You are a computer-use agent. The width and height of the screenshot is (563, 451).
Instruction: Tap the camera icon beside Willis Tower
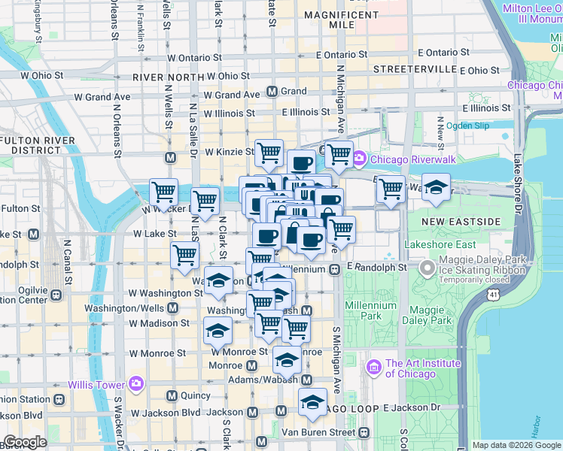pyautogui.click(x=135, y=384)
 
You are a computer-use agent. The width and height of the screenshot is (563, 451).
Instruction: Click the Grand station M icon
pyautogui.click(x=272, y=91)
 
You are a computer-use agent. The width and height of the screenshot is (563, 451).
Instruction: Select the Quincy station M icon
pyautogui.click(x=172, y=395)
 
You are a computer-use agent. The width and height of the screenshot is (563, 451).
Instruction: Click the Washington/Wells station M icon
pyautogui.click(x=173, y=308)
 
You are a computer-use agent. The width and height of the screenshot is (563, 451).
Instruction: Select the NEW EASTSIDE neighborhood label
pyautogui.click(x=461, y=222)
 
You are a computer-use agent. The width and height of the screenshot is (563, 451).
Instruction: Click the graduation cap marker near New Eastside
pyautogui.click(x=435, y=189)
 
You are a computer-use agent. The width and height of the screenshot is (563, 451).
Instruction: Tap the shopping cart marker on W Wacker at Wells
pyautogui.click(x=164, y=192)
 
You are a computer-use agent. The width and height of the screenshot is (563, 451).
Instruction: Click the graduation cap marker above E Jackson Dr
pyautogui.click(x=312, y=403)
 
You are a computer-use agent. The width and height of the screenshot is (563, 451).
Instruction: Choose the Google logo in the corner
pyautogui.click(x=26, y=442)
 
